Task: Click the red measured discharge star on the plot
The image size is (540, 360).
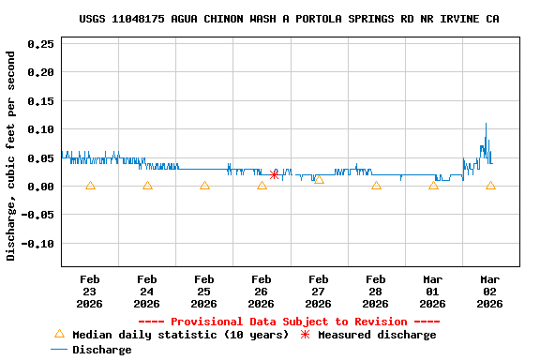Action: (x=274, y=174)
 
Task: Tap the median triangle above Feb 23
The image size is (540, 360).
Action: (x=90, y=186)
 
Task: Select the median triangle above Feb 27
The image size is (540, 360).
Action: (x=319, y=179)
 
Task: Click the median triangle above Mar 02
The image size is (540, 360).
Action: (x=490, y=186)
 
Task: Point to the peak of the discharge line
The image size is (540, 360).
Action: (x=486, y=124)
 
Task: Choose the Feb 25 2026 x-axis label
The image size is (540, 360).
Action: (x=204, y=291)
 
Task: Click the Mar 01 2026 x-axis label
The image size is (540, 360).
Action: (x=433, y=291)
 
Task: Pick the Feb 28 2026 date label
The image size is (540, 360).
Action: (x=376, y=291)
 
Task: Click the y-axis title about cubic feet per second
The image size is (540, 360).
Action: (x=12, y=156)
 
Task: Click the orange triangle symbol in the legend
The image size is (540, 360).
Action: (x=59, y=334)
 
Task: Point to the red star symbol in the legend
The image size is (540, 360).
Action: (x=305, y=335)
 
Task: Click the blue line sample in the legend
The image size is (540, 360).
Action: (x=59, y=350)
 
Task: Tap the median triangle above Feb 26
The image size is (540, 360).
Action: (x=262, y=186)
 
